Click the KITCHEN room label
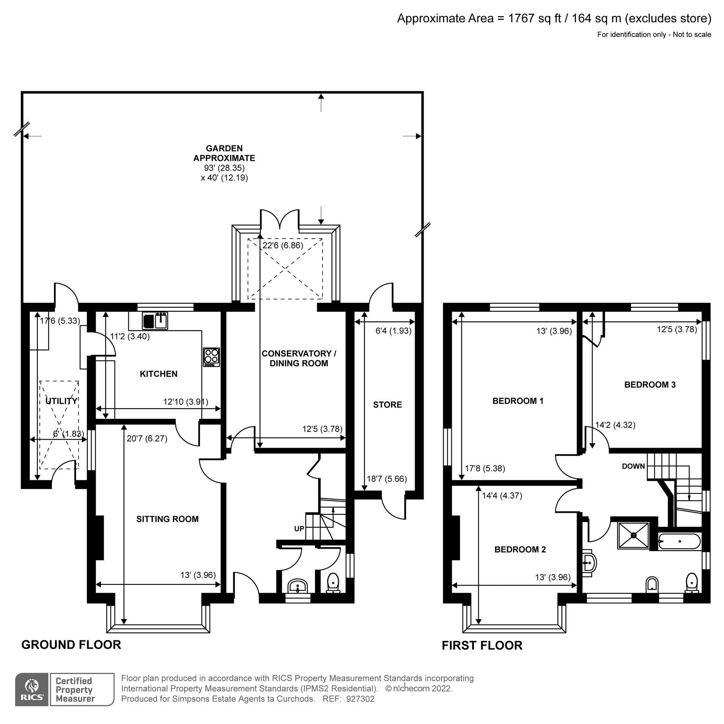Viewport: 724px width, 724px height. (x=158, y=374)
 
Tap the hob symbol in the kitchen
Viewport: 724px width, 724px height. (x=212, y=357)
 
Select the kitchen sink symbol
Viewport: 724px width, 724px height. (x=155, y=321)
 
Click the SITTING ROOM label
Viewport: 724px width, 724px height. (x=167, y=519)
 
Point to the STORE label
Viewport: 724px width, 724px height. (x=387, y=405)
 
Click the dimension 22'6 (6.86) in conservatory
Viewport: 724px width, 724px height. (x=283, y=245)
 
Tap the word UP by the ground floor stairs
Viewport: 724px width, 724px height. (x=299, y=529)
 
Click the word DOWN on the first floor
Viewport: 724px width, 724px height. (x=633, y=466)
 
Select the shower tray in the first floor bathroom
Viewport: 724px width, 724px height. (x=633, y=535)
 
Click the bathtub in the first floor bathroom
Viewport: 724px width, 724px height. (x=679, y=542)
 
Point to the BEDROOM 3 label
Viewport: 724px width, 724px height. (x=650, y=385)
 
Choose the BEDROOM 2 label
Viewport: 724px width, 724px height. (x=520, y=549)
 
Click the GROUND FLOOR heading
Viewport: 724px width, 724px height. (x=71, y=645)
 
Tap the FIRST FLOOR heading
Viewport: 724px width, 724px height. (x=482, y=646)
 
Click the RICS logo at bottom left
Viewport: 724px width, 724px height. (x=31, y=689)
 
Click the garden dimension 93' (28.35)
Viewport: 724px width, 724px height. (x=224, y=168)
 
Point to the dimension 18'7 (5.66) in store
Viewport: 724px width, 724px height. (x=387, y=479)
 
